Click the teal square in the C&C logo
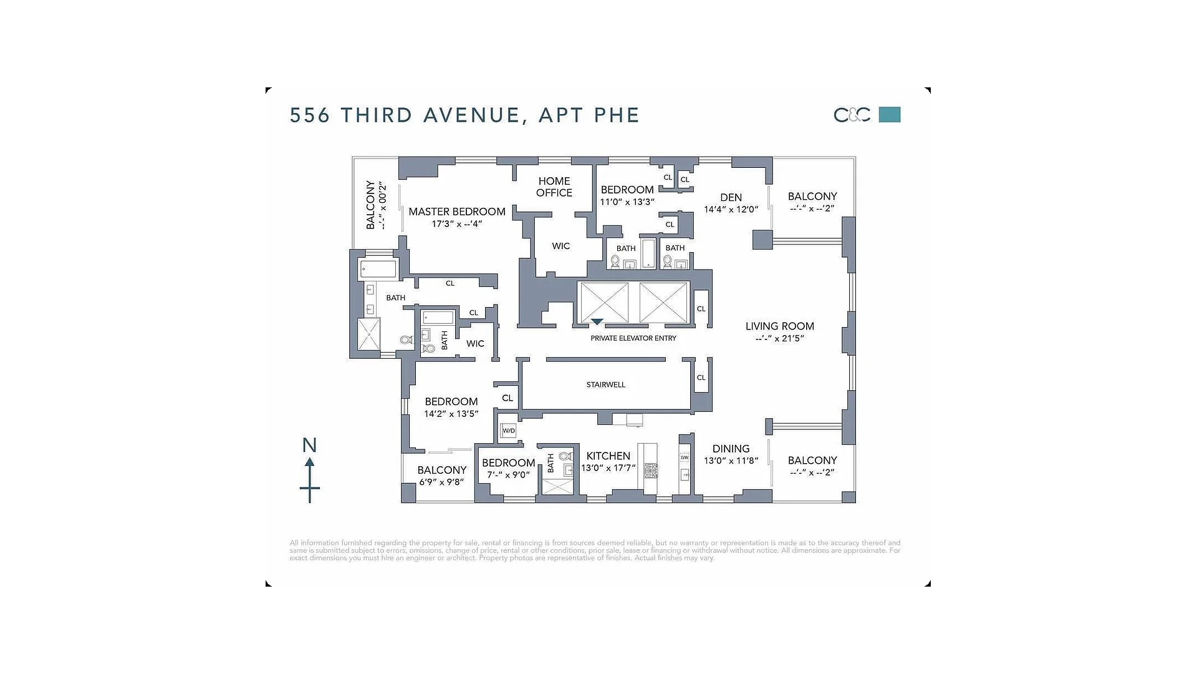pos(890,115)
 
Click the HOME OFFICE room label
pos(554,187)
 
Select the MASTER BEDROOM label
pos(457,212)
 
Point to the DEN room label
pos(731,197)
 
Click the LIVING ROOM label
pos(780,326)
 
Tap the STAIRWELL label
pos(605,384)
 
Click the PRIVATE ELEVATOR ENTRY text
pos(633,338)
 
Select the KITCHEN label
pos(608,456)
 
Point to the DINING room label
pos(731,449)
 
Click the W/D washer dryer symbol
pos(509,431)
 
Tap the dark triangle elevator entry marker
pos(597,322)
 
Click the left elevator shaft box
pos(604,303)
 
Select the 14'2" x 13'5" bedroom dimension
pos(451,414)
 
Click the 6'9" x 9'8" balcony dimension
pos(441,482)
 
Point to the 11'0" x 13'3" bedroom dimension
pos(627,202)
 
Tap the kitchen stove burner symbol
pos(651,471)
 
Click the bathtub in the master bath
pos(378,270)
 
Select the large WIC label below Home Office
pos(560,246)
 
